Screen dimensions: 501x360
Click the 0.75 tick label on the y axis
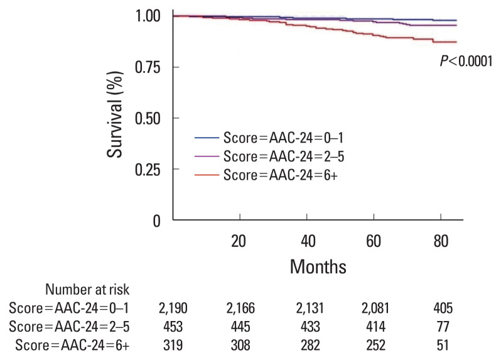coord(148,67)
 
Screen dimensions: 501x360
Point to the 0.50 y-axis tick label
coord(148,119)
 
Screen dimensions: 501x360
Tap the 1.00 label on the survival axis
coord(148,16)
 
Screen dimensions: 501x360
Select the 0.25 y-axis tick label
coord(148,170)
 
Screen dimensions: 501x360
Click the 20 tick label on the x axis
coord(239,241)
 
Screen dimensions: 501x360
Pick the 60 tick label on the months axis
coord(374,241)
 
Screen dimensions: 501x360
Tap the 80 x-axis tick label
coord(441,241)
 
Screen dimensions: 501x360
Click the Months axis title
coord(318,266)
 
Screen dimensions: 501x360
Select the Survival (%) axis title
coord(115,114)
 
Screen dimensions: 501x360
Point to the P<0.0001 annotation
coord(466,61)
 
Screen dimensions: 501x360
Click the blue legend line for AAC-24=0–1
coord(207,138)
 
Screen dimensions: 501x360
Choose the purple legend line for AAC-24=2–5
coord(207,156)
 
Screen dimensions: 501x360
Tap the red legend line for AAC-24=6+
coord(207,175)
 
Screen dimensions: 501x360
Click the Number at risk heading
coord(87,290)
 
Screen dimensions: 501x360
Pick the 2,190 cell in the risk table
coord(173,308)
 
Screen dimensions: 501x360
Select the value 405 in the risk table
coord(443,308)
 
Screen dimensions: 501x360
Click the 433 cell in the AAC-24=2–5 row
coord(310,327)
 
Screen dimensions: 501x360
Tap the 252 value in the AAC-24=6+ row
coord(375,346)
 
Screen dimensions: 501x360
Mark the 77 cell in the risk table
coord(443,327)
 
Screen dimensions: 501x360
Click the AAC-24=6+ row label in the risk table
coord(72,346)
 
